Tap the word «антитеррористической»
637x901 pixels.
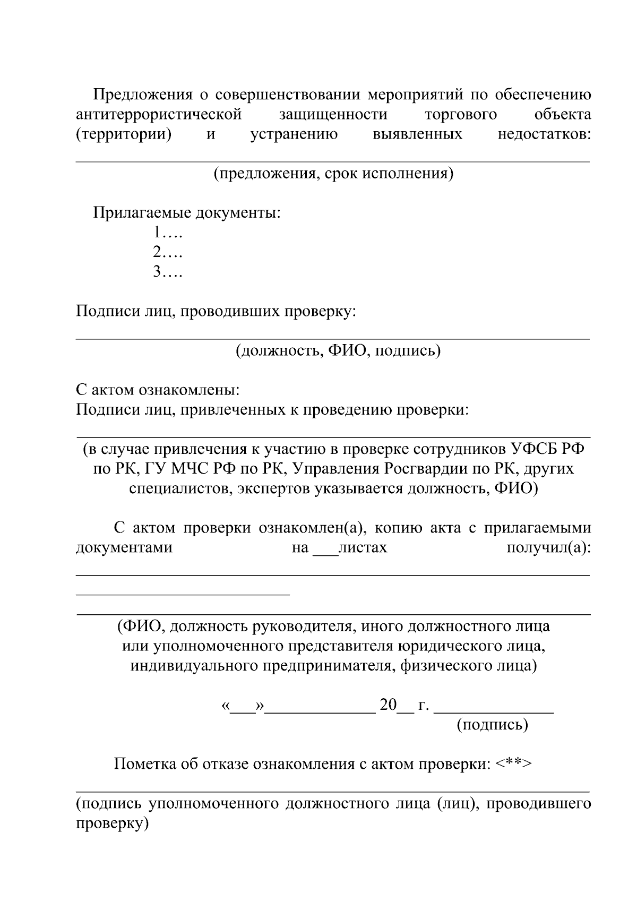point(159,114)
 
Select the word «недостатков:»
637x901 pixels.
point(544,134)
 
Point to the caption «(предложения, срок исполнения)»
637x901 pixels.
point(333,174)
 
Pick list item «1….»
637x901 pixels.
point(168,233)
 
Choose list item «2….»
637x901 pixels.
point(168,252)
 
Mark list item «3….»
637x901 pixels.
point(168,272)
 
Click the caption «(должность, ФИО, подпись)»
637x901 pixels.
point(339,350)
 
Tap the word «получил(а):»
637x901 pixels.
point(548,547)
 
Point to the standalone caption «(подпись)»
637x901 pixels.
point(493,725)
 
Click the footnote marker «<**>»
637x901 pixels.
point(513,764)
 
